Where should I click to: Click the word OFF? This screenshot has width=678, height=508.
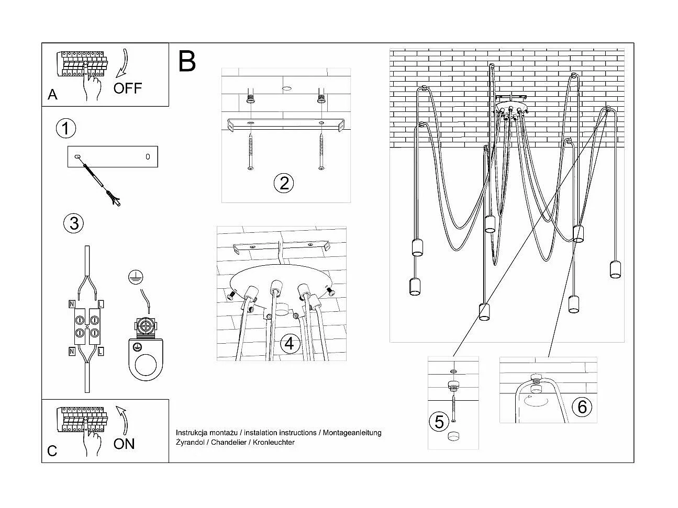click(127, 88)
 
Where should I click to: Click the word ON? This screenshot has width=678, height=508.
click(124, 444)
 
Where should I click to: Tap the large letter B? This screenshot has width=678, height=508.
click(187, 61)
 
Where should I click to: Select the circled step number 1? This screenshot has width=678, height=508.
click(65, 128)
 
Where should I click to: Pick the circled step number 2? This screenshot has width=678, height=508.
click(284, 183)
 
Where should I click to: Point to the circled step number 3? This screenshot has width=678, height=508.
click(73, 223)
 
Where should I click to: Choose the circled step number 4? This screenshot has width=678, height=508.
click(290, 344)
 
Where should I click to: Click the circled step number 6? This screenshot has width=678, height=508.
click(582, 407)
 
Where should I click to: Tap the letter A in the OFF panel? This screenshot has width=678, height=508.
click(52, 95)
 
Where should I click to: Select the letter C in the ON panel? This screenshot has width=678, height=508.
click(52, 451)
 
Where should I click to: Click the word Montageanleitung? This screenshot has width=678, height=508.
click(352, 433)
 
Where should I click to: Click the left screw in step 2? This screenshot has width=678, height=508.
click(251, 152)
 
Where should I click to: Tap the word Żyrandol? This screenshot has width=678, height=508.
click(191, 443)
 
